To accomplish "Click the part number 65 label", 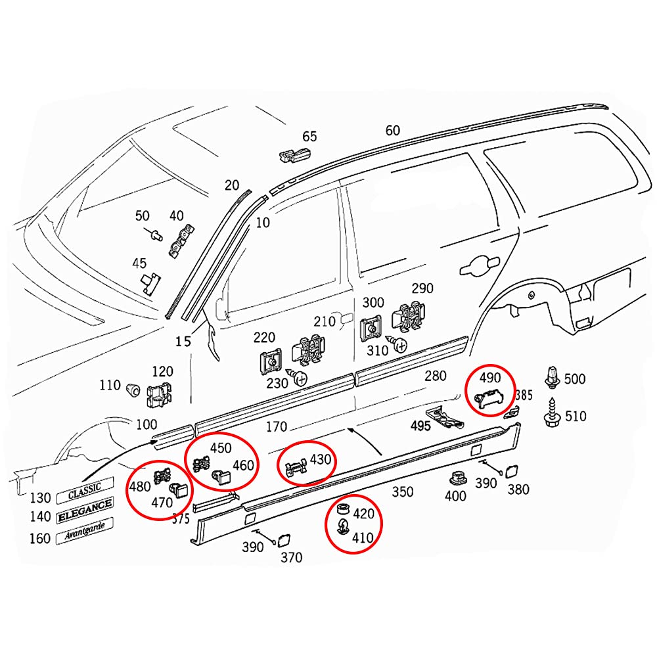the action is pos(309,137).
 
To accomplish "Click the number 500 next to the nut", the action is pos(574,379).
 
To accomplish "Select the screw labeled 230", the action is pos(302,378).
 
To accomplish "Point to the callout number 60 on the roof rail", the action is pos(392,130).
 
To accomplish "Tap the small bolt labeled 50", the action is pos(155,234).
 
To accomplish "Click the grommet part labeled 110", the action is pos(133,388).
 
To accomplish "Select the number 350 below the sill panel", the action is pos(402,491).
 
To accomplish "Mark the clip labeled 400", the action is pos(455,478).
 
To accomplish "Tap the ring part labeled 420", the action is pos(342,510).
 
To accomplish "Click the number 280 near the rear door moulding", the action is pos(434,376).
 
